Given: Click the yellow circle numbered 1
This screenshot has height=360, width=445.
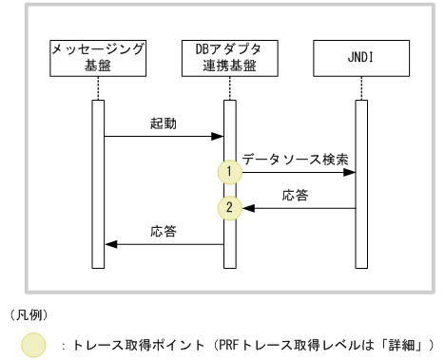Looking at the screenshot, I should (x=228, y=172).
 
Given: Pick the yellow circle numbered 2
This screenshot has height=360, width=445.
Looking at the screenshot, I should (x=228, y=207).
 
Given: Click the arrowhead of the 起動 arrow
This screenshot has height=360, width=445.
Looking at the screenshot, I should (x=217, y=137).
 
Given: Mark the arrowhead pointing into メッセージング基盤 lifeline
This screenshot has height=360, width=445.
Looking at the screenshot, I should (x=108, y=244).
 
